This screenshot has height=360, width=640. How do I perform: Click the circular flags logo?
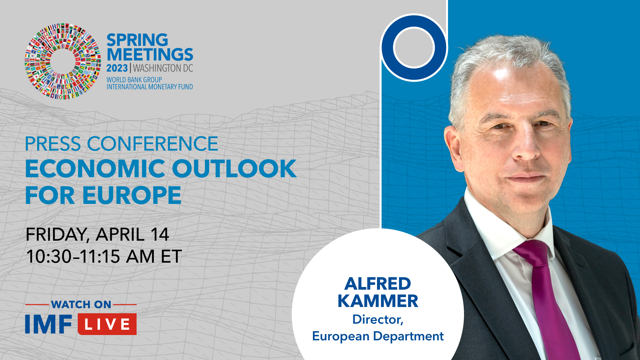(x=63, y=61)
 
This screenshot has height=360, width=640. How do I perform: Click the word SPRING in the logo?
(x=137, y=40)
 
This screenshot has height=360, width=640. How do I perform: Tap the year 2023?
(x=117, y=68)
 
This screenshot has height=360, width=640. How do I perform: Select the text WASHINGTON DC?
(x=163, y=68)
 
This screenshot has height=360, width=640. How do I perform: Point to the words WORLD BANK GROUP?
(x=134, y=80)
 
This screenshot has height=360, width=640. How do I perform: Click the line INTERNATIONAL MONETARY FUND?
(x=150, y=87)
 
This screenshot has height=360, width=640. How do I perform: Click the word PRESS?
(x=53, y=144)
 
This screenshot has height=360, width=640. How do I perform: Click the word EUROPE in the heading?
(x=132, y=195)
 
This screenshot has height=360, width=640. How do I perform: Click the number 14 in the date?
(x=160, y=234)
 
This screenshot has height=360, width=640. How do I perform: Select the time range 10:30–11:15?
(x=73, y=257)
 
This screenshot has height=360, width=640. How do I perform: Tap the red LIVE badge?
(x=107, y=324)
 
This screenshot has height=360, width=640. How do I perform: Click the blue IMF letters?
(x=49, y=324)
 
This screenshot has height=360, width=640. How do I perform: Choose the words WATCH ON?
(x=81, y=304)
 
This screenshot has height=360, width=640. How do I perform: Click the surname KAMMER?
(x=378, y=301)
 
